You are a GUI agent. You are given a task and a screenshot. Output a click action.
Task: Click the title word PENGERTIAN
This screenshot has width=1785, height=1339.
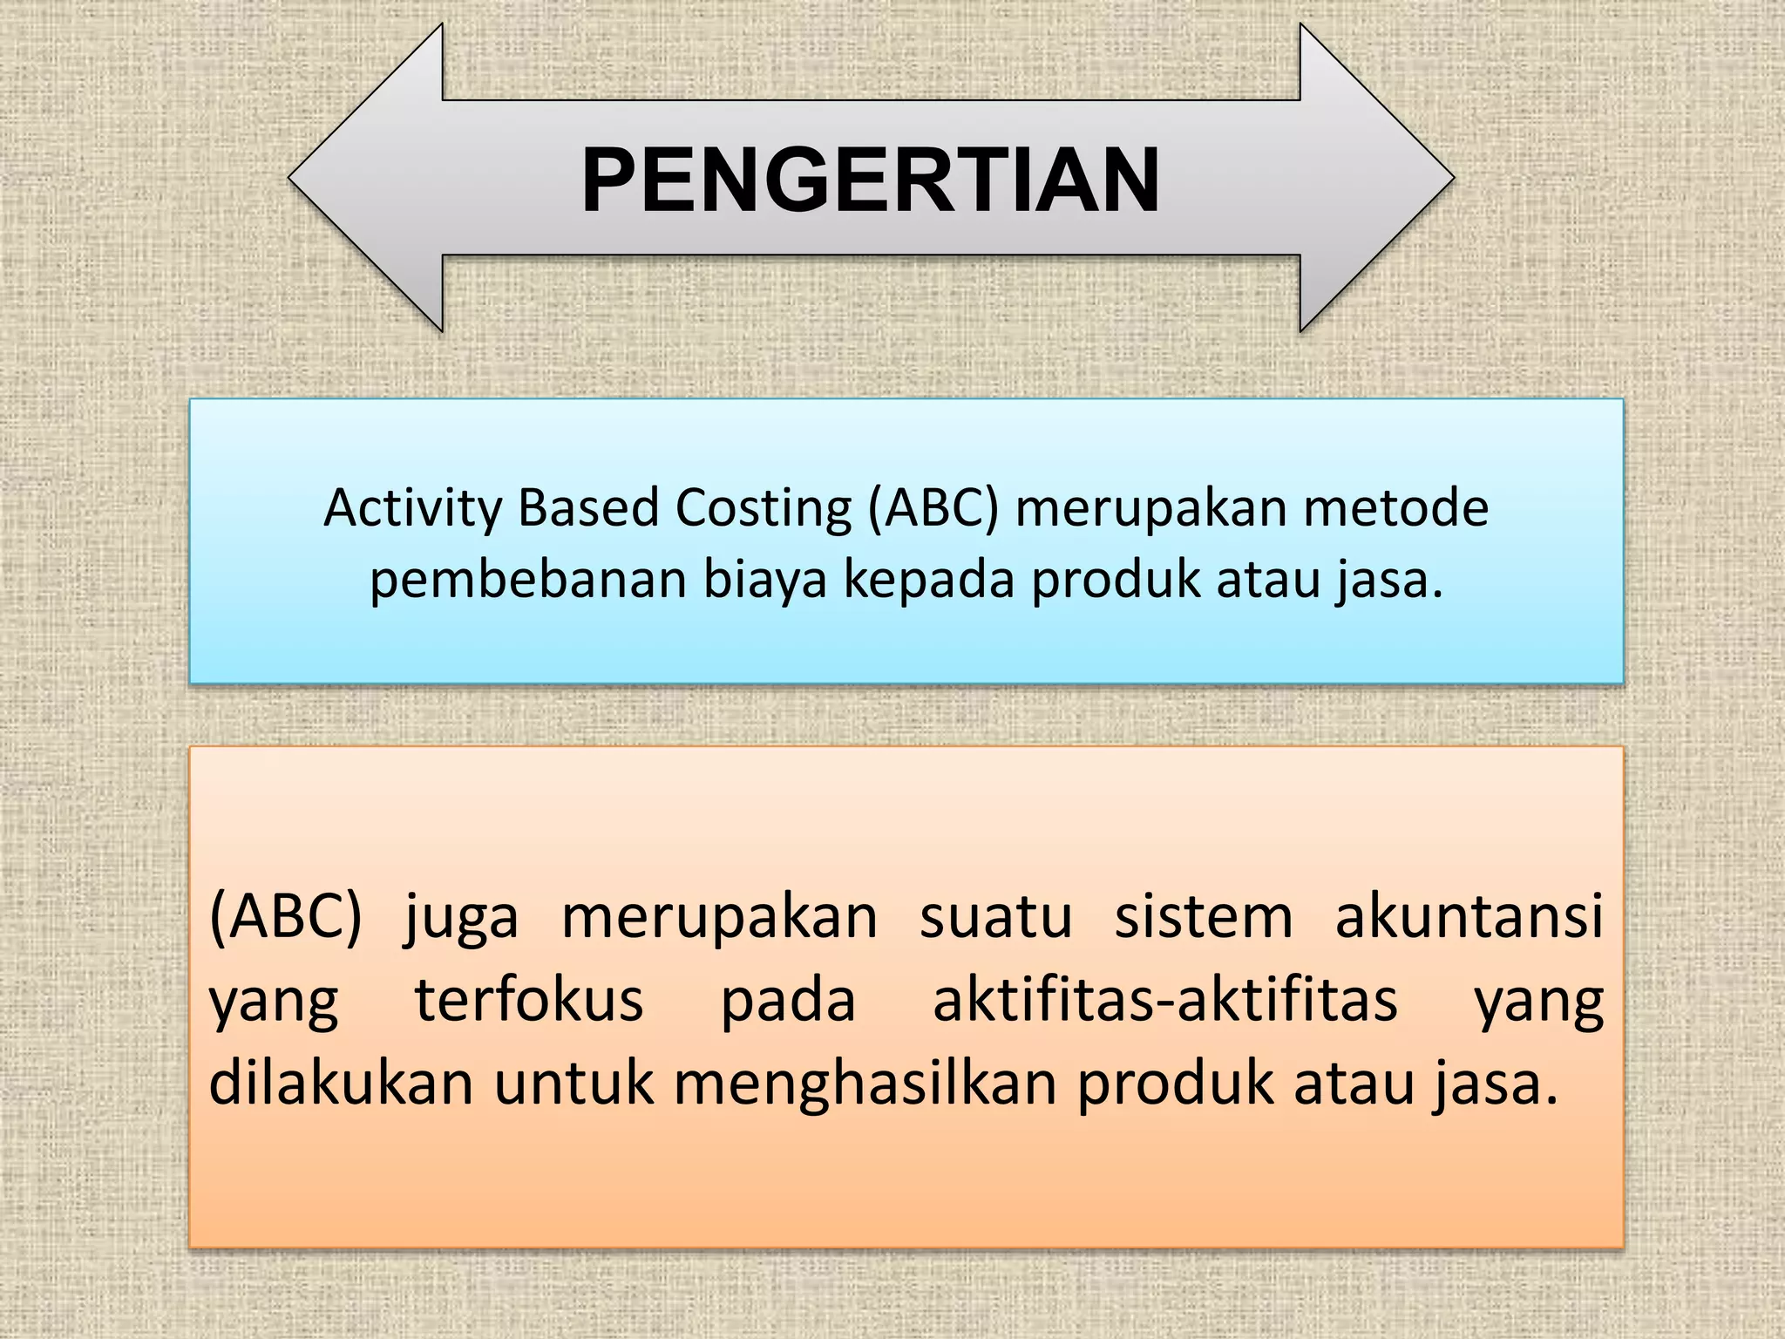[870, 180]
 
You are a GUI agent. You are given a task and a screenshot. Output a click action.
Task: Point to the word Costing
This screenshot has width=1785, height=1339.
[764, 509]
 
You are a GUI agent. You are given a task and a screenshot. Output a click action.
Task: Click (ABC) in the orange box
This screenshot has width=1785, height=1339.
[285, 917]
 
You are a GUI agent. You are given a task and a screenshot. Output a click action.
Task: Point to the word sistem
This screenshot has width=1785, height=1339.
[1204, 917]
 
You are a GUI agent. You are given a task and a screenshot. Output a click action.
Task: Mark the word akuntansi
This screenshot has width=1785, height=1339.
[1469, 917]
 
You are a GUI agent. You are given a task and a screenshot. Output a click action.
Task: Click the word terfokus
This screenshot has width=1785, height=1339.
[528, 1000]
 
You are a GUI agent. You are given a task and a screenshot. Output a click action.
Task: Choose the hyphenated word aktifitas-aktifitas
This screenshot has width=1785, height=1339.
[1164, 1000]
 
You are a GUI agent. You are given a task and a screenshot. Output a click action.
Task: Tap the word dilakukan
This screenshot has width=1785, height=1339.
[341, 1084]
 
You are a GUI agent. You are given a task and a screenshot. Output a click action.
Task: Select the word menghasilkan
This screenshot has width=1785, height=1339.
[865, 1084]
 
